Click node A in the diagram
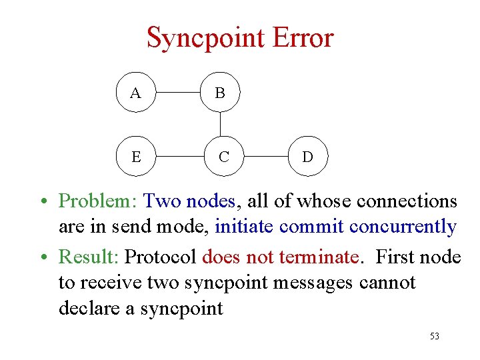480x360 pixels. click(x=135, y=92)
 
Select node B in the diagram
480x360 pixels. click(x=220, y=92)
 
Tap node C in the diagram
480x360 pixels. click(x=224, y=157)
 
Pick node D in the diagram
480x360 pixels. click(x=307, y=157)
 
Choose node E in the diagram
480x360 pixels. click(x=135, y=157)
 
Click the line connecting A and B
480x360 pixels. click(x=177, y=92)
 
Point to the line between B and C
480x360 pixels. click(x=220, y=124)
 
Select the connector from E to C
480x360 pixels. click(x=179, y=157)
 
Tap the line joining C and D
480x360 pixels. click(x=265, y=157)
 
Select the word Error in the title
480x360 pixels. click(x=297, y=37)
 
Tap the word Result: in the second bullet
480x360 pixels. click(x=89, y=256)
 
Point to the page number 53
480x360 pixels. click(x=435, y=337)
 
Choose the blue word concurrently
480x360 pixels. click(x=402, y=227)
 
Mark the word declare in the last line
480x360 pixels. click(x=90, y=309)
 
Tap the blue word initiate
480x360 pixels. click(x=244, y=227)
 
